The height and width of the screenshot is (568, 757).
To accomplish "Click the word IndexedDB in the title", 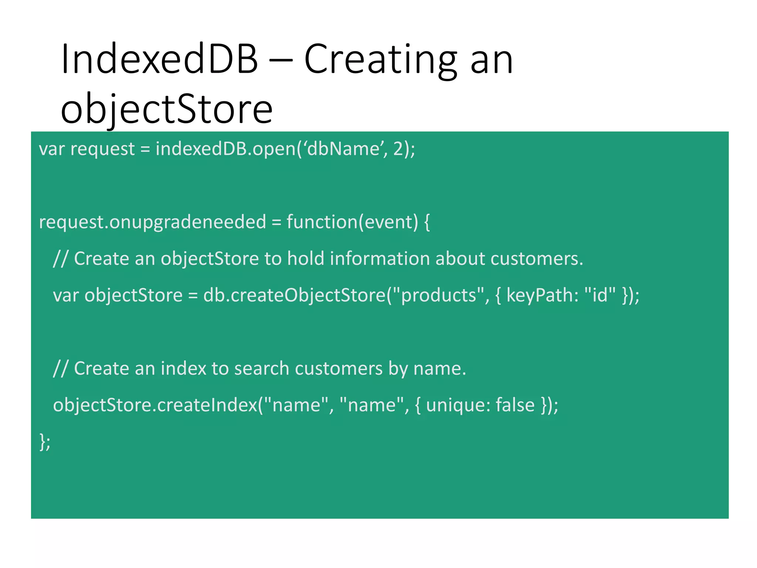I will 159,59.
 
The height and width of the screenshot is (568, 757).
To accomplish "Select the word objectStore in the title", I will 166,109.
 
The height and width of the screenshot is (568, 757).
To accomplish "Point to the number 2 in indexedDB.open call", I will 398,149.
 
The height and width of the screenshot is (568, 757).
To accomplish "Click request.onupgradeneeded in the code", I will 152,222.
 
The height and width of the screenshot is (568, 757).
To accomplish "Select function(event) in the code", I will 352,222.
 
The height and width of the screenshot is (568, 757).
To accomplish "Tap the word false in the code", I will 515,405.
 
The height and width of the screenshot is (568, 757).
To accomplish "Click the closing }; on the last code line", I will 45,442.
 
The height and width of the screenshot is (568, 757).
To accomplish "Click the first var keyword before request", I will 52,149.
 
